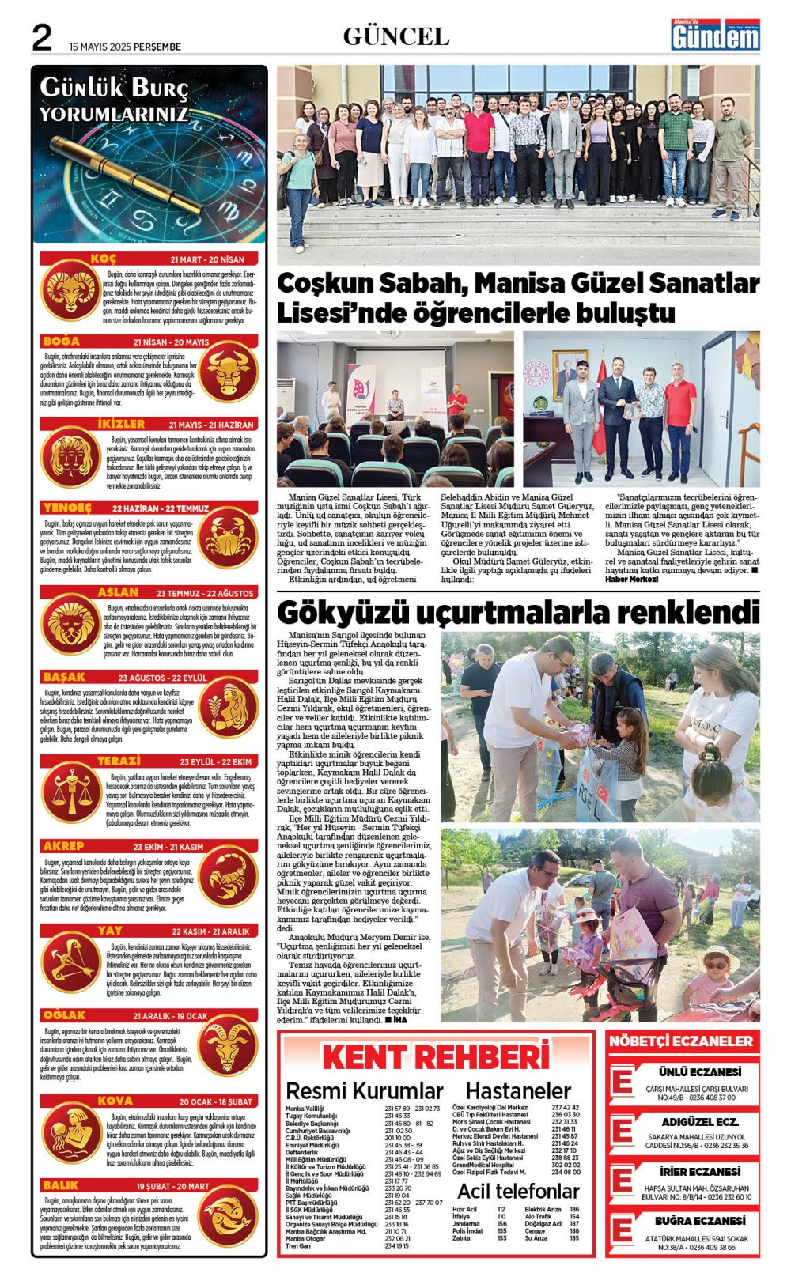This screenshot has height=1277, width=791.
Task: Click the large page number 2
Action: [41, 36]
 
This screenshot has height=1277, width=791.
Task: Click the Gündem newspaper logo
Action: [715, 36]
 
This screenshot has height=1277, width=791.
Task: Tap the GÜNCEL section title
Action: [395, 36]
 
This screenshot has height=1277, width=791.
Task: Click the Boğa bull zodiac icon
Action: [228, 372]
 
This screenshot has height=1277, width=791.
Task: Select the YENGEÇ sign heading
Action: [67, 508]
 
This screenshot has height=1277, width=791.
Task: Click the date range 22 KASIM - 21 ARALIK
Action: [210, 931]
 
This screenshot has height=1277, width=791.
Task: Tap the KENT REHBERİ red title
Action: [436, 1057]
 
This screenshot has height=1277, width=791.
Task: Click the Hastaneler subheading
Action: [518, 1091]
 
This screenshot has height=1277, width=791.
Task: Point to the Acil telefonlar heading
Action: [518, 1191]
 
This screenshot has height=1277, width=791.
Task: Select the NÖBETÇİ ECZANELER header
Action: [681, 1041]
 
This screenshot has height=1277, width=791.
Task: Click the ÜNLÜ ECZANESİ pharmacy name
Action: [700, 1072]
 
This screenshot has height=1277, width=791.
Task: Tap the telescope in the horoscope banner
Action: [127, 174]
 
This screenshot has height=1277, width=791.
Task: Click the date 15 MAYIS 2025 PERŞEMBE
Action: [125, 47]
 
